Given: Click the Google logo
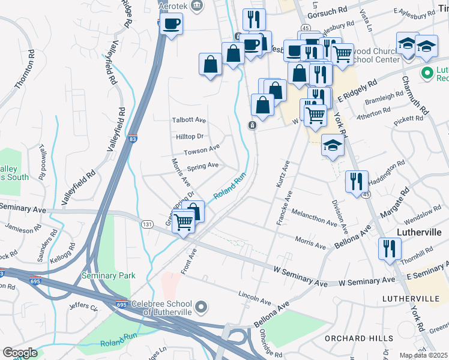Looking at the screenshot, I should point(20,353).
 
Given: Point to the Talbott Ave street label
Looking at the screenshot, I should point(189,120).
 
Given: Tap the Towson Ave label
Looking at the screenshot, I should point(201,149).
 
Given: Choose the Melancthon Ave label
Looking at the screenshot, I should point(314,217).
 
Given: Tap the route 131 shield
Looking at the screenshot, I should point(147,224).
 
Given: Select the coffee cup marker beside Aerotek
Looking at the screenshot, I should point(171,24).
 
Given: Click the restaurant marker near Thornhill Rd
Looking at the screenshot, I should point(390,247).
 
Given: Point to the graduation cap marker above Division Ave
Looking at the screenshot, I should point(333,145).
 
